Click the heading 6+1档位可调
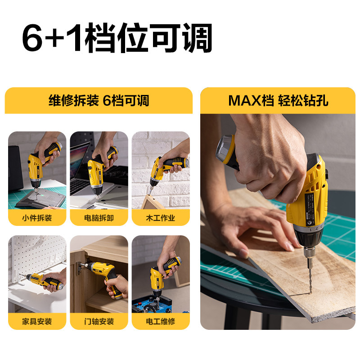point(117,37)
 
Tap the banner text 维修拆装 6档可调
point(99,100)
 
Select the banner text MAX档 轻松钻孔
point(278,100)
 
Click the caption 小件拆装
point(37,218)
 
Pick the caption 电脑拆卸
point(99,218)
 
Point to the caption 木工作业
point(161,218)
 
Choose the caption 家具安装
point(37,321)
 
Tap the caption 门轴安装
point(99,321)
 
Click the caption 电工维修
point(161,321)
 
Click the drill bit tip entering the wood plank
point(310,293)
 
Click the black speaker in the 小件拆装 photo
point(16,168)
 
